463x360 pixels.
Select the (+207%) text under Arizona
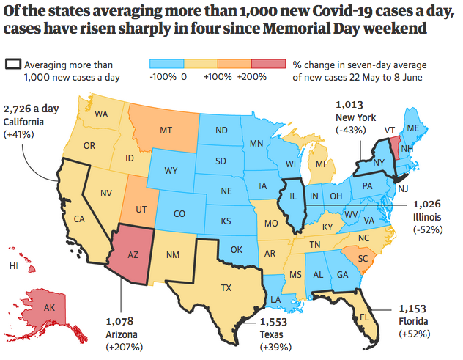click(x=124, y=347)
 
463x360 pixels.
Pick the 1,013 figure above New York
click(x=350, y=104)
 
